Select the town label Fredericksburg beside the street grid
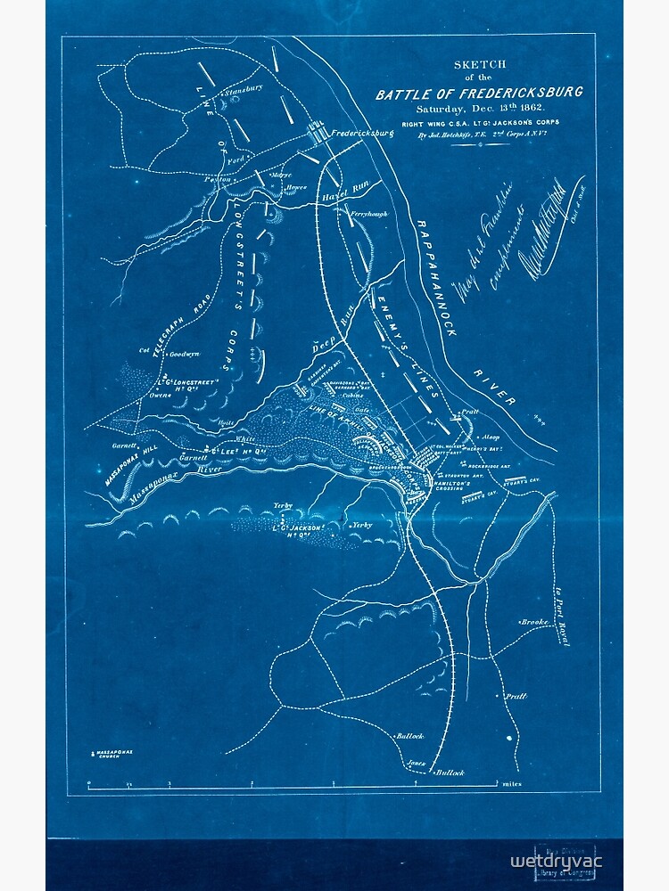coord(362,134)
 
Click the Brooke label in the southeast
coord(533,621)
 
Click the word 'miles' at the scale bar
coord(512,784)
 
